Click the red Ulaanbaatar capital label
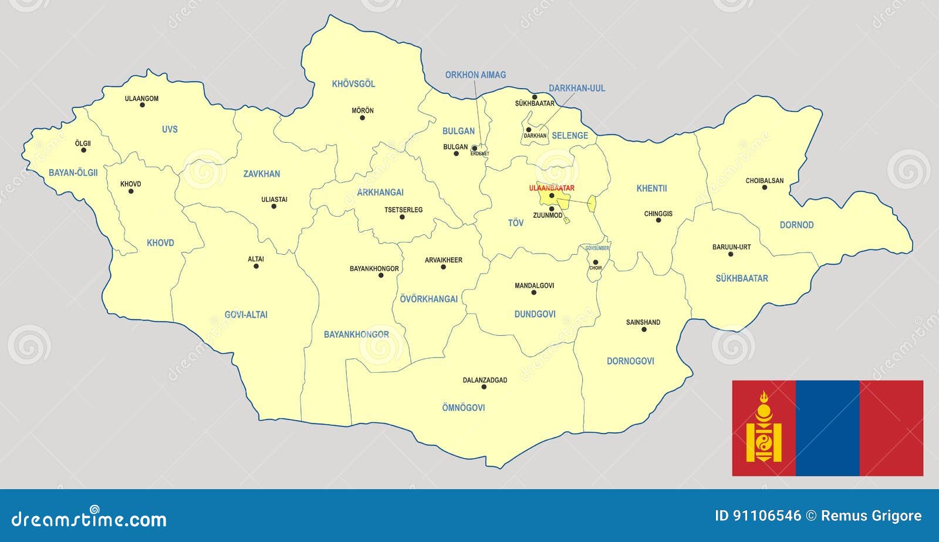pos(551,188)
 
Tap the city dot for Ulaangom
pos(142,105)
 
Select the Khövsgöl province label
pos(353,84)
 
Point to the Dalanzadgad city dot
pos(485,387)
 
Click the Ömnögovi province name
pos(463,408)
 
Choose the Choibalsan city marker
pos(764,187)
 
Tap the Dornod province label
pos(796,225)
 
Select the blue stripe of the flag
pos(827,427)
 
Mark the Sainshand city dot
pos(644,329)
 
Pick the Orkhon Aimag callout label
pos(475,75)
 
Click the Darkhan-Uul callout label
pos(576,88)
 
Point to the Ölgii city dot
pos(83,150)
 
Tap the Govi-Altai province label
pos(246,315)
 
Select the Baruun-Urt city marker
pos(731,254)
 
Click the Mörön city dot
pos(362,117)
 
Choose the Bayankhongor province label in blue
pos(356,335)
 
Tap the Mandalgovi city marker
pos(533,292)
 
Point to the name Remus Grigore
pos(871,516)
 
